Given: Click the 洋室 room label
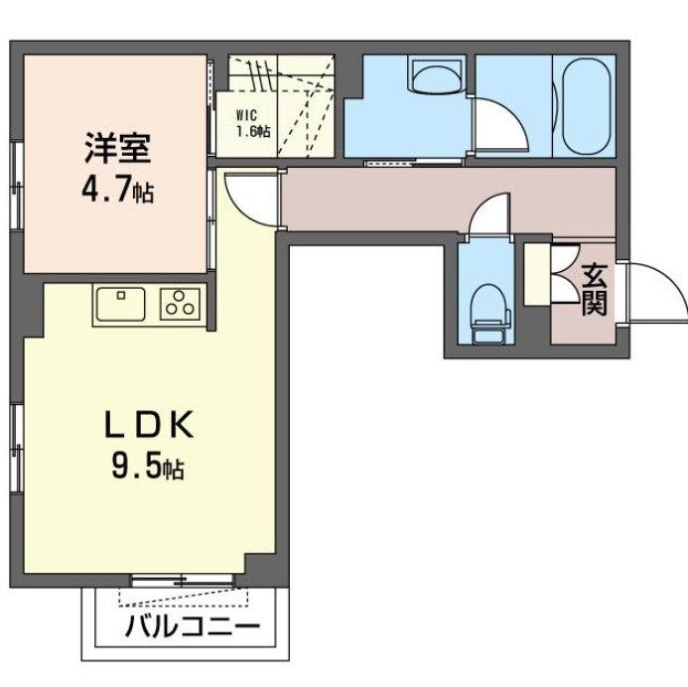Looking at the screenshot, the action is click(x=117, y=148).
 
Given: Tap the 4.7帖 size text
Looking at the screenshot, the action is click(x=117, y=191).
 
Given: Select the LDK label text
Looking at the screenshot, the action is click(x=149, y=424).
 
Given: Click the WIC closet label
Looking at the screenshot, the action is click(x=246, y=116).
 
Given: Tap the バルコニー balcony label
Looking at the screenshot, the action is click(x=193, y=626).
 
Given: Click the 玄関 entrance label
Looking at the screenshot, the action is click(x=595, y=290).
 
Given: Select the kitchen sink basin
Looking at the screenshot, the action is click(x=121, y=304).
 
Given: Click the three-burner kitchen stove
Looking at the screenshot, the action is click(x=180, y=304).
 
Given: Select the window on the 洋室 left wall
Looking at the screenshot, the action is click(x=17, y=185).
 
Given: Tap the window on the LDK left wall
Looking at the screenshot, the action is click(x=17, y=448).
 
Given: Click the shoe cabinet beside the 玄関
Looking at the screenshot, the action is click(x=537, y=274).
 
